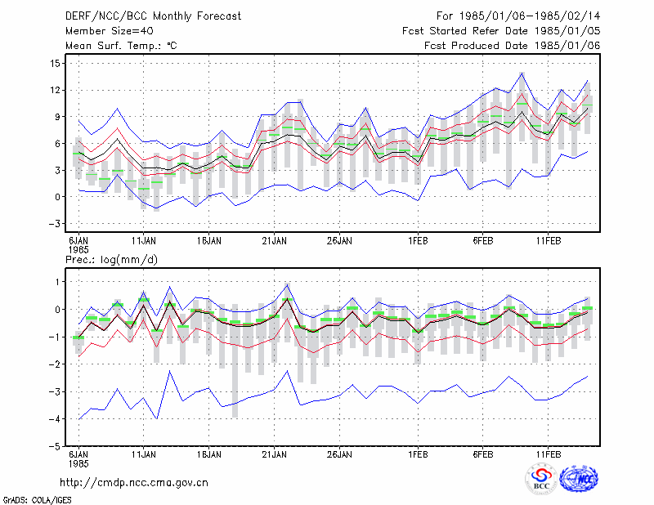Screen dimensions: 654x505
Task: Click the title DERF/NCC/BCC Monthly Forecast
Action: click(153, 16)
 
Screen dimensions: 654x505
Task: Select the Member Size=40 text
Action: click(110, 31)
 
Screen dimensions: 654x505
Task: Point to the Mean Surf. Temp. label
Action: click(121, 46)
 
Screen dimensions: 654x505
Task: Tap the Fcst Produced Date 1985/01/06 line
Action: click(513, 46)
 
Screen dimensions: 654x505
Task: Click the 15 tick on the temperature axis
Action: click(55, 64)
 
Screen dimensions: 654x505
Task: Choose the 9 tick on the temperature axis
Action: click(57, 117)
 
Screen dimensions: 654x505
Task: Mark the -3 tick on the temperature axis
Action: click(54, 224)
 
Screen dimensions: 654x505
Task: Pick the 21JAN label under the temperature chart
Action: click(274, 241)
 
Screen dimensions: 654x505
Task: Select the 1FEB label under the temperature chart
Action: click(418, 241)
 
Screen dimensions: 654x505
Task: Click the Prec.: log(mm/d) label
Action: click(111, 260)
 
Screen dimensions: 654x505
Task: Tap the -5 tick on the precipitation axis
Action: click(54, 446)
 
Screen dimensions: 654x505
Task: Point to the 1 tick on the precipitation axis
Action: click(57, 282)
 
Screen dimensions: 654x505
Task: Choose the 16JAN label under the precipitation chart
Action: click(209, 454)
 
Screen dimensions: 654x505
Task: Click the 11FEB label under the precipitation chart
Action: click(549, 454)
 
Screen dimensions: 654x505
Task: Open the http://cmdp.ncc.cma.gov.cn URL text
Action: click(134, 483)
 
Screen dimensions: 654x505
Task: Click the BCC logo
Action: click(541, 480)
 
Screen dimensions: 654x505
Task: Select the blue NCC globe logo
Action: click(579, 480)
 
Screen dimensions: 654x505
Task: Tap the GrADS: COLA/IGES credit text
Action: click(37, 500)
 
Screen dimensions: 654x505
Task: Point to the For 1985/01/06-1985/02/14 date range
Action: click(518, 16)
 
